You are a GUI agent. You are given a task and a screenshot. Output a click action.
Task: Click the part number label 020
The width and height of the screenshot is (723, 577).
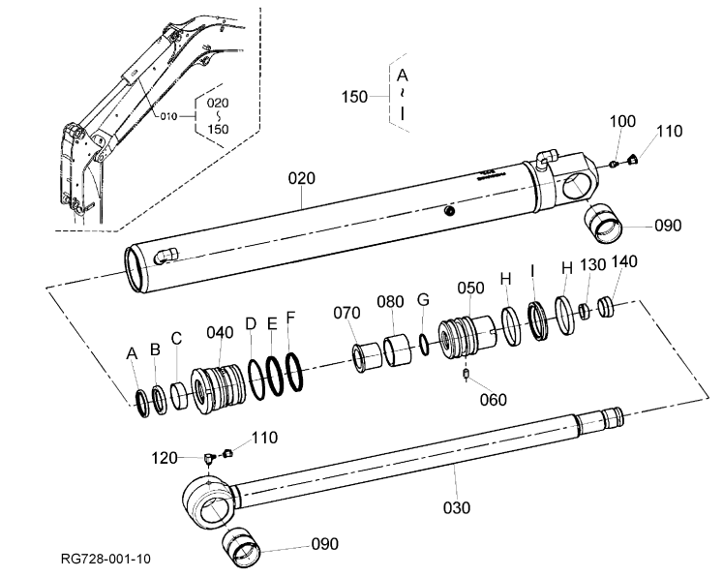(x=302, y=178)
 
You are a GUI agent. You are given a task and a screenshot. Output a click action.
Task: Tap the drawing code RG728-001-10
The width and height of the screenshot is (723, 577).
(x=105, y=559)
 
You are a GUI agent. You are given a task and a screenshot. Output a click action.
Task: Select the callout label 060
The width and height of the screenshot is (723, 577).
(x=493, y=400)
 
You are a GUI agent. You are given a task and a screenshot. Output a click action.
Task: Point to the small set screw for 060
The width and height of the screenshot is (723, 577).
(x=466, y=374)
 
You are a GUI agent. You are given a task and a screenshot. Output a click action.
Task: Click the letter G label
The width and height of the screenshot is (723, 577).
(x=423, y=300)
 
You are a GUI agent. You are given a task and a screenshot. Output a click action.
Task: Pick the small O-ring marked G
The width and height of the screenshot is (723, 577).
(x=424, y=345)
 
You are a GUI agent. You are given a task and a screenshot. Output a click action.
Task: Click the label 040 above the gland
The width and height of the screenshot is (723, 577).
(x=220, y=332)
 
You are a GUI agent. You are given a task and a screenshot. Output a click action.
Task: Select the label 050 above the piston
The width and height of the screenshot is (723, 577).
(x=470, y=288)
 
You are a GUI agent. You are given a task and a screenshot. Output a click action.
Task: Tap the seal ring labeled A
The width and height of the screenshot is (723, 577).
(x=143, y=403)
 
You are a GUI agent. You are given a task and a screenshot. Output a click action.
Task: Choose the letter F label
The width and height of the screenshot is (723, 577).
(x=290, y=318)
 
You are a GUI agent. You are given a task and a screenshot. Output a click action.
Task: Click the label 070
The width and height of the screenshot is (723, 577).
(x=346, y=313)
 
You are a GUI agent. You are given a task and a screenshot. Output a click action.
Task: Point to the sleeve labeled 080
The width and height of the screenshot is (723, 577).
(x=397, y=351)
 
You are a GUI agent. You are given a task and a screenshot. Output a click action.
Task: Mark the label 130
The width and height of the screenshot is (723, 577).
(x=592, y=265)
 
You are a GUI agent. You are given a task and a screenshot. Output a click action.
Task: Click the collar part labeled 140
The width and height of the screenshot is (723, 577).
(x=606, y=308)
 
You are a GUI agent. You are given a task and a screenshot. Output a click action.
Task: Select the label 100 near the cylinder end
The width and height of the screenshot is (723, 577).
(x=622, y=121)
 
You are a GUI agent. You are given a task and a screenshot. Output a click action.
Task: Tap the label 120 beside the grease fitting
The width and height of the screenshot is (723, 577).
(x=165, y=458)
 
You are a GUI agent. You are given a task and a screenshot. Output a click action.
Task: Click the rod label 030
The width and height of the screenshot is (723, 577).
(x=457, y=508)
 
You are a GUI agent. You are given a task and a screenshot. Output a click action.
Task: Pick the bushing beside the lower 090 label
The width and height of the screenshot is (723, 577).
(x=241, y=548)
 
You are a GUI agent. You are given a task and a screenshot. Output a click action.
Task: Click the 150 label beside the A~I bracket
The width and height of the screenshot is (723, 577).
(x=354, y=97)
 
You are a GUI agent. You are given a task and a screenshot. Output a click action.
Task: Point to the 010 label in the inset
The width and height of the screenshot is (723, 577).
(x=168, y=116)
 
